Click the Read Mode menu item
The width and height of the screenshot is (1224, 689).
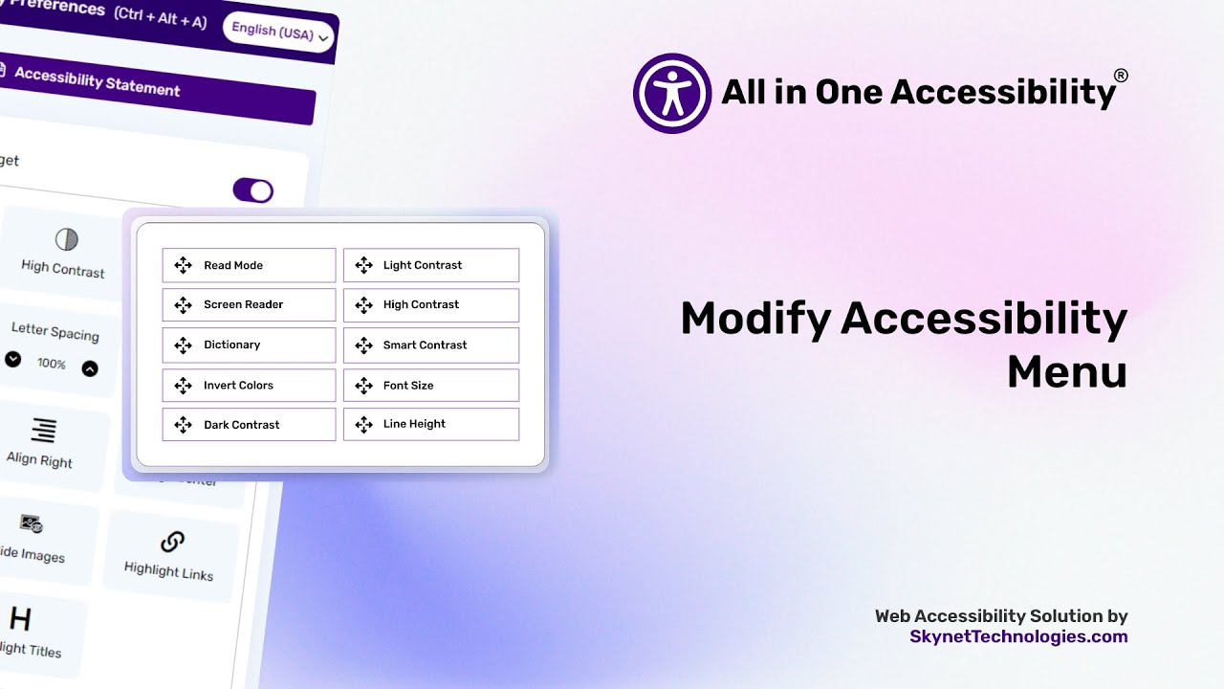click(249, 265)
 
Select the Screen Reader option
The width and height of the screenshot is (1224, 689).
click(249, 304)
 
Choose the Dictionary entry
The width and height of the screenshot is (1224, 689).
click(249, 344)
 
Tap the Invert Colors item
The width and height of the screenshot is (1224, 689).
click(249, 385)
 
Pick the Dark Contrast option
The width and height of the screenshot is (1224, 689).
click(249, 425)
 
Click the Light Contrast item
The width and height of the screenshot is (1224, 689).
click(430, 265)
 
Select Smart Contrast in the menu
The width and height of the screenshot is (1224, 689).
click(430, 344)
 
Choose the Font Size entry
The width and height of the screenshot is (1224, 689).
click(430, 385)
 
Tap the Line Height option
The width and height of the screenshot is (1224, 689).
click(430, 424)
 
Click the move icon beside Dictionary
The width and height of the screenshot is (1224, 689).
click(183, 344)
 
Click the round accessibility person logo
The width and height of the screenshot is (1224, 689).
click(672, 93)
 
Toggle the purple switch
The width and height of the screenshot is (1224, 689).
click(253, 190)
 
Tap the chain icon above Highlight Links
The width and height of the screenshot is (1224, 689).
click(172, 543)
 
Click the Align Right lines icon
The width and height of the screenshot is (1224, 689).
click(44, 430)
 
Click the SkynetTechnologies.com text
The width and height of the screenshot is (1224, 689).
click(1018, 636)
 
